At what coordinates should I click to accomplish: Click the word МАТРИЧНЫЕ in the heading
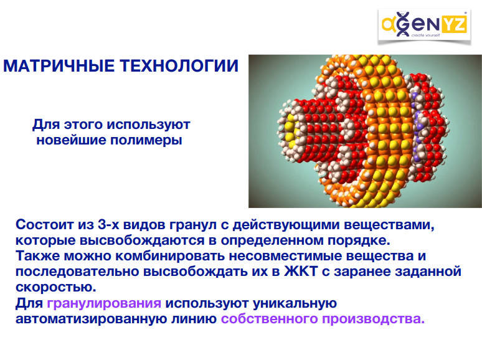(x=59, y=66)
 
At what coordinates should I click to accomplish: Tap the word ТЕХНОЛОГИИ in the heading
(x=179, y=66)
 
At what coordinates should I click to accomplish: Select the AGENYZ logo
(x=424, y=26)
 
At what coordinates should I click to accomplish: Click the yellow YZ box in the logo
(x=454, y=24)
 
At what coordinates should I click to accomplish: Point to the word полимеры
(x=146, y=140)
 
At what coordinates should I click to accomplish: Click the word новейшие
(x=71, y=140)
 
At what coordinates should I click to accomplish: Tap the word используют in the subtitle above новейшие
(x=148, y=125)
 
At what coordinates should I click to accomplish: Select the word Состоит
(x=45, y=225)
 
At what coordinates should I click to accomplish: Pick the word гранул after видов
(x=193, y=225)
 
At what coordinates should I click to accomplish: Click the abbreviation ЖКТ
(x=301, y=272)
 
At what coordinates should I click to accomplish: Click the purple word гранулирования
(x=104, y=303)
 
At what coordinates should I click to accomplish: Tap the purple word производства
(x=373, y=319)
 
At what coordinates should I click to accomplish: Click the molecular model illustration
(x=365, y=131)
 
